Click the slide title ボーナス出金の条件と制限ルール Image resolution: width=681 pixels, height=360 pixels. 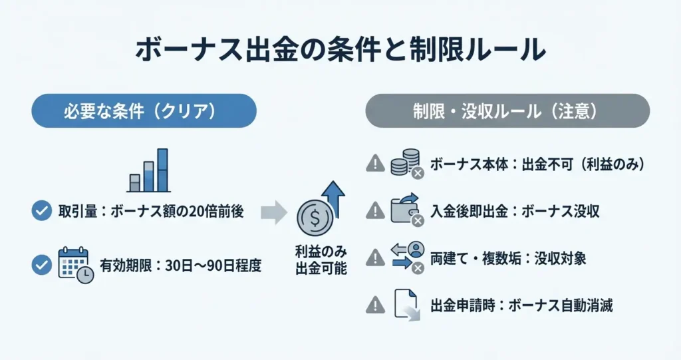click(340, 50)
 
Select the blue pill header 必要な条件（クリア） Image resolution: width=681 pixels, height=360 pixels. click(144, 111)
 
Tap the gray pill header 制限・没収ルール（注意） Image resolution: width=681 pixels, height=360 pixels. click(507, 111)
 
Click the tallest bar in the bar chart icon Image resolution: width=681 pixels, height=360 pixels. click(162, 170)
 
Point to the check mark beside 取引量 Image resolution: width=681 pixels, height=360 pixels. click(42, 211)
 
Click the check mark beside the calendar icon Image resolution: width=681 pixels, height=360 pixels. click(42, 265)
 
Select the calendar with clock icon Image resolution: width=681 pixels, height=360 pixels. click(76, 266)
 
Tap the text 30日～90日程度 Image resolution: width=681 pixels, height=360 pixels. click(213, 266)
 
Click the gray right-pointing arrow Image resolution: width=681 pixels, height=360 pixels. click(273, 212)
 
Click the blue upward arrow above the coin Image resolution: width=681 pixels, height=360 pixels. click(333, 199)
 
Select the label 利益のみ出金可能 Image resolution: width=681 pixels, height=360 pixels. click(321, 260)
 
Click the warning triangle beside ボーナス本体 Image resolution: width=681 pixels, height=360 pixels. click(375, 164)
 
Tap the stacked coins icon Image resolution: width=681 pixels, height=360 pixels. click(407, 164)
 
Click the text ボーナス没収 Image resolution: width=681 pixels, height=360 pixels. click(560, 212)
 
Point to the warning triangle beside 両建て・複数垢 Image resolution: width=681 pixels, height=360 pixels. click(375, 258)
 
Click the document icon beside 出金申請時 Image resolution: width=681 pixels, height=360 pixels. click(407, 305)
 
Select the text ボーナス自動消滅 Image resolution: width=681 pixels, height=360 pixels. click(560, 305)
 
